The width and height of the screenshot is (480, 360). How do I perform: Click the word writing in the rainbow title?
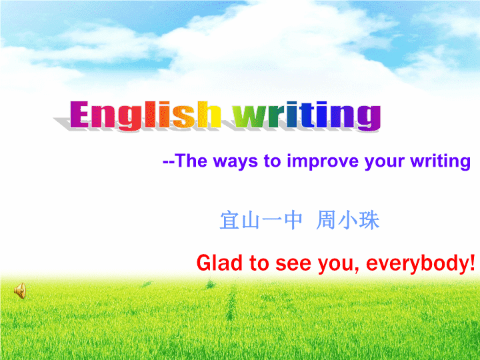pyautogui.click(x=307, y=116)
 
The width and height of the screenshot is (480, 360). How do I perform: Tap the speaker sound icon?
pyautogui.click(x=20, y=290)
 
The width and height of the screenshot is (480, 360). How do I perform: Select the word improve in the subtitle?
pyautogui.click(x=323, y=161)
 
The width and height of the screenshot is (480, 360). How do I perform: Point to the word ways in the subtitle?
pyautogui.click(x=235, y=161)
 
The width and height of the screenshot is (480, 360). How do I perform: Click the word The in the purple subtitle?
pyautogui.click(x=191, y=161)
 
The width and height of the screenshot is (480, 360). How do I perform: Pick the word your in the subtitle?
pyautogui.click(x=383, y=162)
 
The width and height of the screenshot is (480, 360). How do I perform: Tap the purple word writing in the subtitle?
pyautogui.click(x=440, y=161)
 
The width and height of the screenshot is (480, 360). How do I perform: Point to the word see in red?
pyautogui.click(x=293, y=265)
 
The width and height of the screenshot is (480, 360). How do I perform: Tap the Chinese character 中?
pyautogui.click(x=293, y=220)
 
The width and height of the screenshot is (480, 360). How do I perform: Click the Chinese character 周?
pyautogui.click(x=325, y=220)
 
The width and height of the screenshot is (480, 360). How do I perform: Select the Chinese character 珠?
pyautogui.click(x=369, y=220)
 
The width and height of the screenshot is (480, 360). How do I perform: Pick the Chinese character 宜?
pyautogui.click(x=229, y=220)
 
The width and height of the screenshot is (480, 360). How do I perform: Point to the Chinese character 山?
pyautogui.click(x=251, y=221)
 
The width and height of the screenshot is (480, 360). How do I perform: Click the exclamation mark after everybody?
pyautogui.click(x=472, y=263)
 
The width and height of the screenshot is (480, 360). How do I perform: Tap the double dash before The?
pyautogui.click(x=169, y=161)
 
